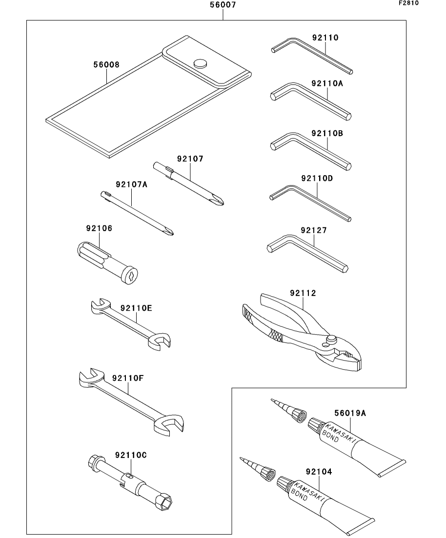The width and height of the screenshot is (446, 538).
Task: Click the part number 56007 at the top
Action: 223,6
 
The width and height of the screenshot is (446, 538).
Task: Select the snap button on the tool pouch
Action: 200,63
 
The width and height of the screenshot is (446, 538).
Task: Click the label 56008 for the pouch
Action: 107,64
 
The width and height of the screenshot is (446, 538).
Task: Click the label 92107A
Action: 131,184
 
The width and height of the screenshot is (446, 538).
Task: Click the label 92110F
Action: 128,378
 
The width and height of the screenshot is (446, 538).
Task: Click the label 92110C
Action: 131,455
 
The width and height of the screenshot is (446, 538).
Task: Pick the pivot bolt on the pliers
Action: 332,339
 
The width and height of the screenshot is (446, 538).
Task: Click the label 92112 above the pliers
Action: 303,293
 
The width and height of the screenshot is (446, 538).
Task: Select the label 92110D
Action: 317,179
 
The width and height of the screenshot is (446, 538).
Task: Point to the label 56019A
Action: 350,413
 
